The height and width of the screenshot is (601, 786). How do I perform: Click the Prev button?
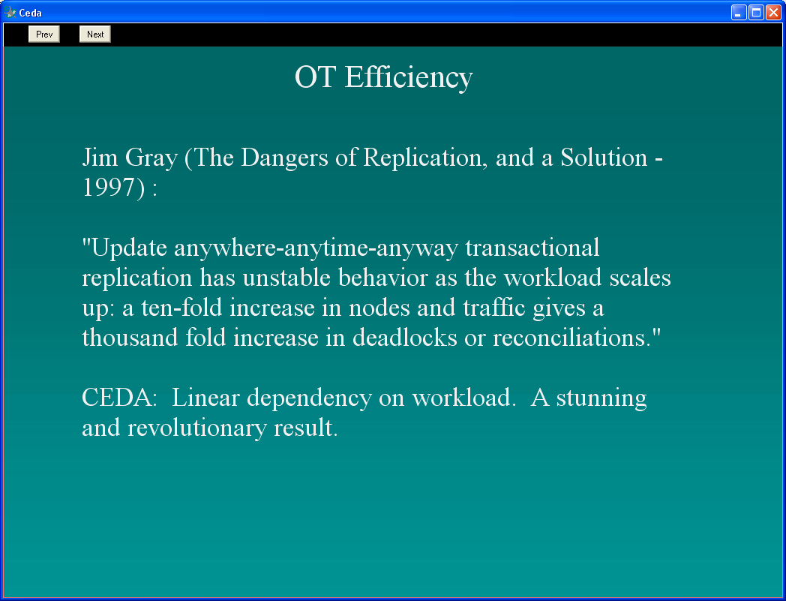point(44,34)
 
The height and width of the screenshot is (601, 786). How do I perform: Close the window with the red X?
point(773,13)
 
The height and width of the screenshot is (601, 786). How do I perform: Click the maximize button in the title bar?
point(756,13)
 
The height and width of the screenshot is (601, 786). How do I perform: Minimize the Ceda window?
point(739,13)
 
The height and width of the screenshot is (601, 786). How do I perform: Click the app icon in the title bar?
point(10,11)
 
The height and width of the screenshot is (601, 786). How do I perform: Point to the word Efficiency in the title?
point(409,78)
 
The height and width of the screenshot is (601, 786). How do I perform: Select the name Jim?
point(100,158)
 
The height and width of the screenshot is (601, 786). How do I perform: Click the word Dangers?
point(285,159)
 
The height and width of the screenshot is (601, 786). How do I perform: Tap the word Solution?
point(604,158)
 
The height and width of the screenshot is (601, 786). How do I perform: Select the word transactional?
point(532,248)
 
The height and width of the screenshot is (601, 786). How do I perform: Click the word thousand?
point(130,338)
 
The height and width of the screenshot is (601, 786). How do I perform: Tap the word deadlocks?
point(404,338)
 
